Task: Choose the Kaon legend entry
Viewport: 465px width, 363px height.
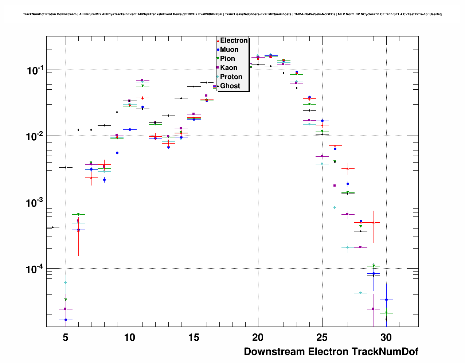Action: pos(228,68)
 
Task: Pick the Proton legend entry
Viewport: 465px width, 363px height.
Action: pos(231,77)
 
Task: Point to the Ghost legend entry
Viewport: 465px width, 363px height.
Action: pos(230,86)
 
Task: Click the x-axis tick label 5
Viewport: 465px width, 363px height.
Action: pos(66,338)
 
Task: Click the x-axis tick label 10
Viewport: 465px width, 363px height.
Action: pos(130,338)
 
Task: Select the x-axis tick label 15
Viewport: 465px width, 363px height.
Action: pos(194,338)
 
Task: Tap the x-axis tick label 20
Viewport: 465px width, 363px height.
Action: pos(258,338)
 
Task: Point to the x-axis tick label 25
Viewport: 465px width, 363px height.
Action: pos(322,338)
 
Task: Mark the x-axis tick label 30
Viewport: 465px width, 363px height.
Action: pos(386,338)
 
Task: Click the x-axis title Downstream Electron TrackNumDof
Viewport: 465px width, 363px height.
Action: pos(331,352)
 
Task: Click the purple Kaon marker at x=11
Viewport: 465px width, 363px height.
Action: pos(142,80)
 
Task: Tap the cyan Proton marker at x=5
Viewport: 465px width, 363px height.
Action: pos(66,282)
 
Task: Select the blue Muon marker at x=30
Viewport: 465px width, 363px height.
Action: pos(386,300)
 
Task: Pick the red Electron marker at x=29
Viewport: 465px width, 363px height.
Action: pos(374,222)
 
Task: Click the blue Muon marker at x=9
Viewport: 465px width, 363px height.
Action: pos(117,153)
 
